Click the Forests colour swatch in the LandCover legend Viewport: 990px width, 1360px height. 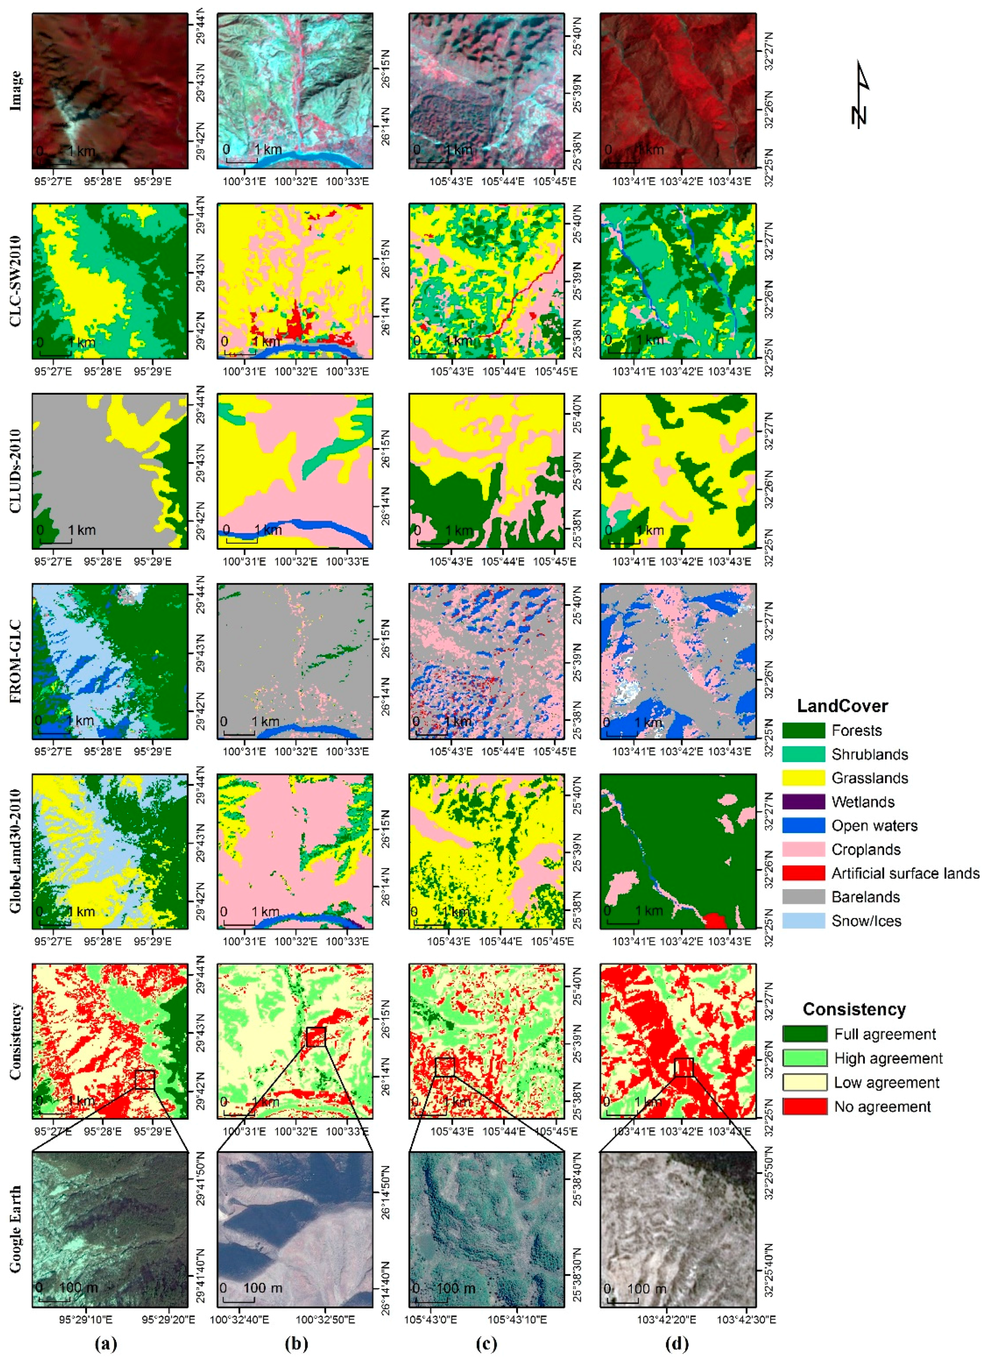tap(803, 731)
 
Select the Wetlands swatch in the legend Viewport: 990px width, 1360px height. tap(803, 802)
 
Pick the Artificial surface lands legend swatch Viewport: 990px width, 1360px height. tap(803, 873)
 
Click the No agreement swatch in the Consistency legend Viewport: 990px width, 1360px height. tap(805, 1107)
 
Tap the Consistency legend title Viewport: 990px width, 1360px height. tap(854, 1009)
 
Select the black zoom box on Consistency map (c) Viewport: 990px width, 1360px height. tap(444, 1067)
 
